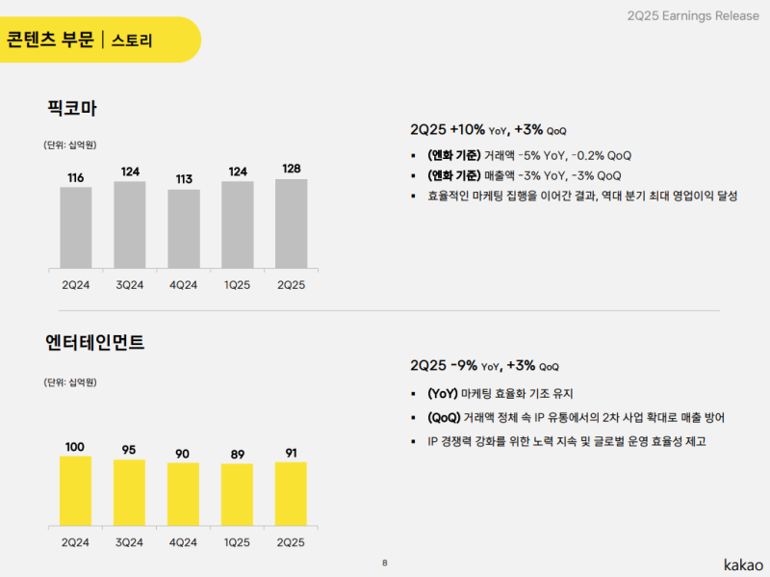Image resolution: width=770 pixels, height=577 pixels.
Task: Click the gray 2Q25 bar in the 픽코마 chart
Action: (x=291, y=223)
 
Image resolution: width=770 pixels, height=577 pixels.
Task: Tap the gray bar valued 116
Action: (x=76, y=226)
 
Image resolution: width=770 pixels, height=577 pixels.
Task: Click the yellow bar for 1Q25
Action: (x=237, y=495)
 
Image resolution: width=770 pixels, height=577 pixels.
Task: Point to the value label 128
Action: (x=292, y=170)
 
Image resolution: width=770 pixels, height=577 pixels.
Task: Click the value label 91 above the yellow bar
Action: (x=292, y=453)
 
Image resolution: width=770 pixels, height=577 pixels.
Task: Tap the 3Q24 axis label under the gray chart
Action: (x=130, y=285)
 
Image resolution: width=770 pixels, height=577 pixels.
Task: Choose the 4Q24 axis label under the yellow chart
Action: (x=184, y=542)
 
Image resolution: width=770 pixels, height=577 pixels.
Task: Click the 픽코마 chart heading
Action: (x=71, y=109)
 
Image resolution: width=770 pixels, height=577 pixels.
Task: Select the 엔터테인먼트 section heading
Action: (x=94, y=342)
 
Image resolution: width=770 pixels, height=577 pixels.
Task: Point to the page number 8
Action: (x=385, y=563)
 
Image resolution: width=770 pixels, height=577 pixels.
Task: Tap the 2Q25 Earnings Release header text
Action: (x=689, y=15)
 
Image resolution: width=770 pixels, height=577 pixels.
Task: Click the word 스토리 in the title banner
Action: (x=132, y=40)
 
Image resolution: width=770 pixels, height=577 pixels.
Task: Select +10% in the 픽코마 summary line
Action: (x=467, y=129)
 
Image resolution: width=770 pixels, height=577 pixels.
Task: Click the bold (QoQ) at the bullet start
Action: (x=443, y=417)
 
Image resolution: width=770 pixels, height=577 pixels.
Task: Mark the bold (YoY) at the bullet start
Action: (x=443, y=393)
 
